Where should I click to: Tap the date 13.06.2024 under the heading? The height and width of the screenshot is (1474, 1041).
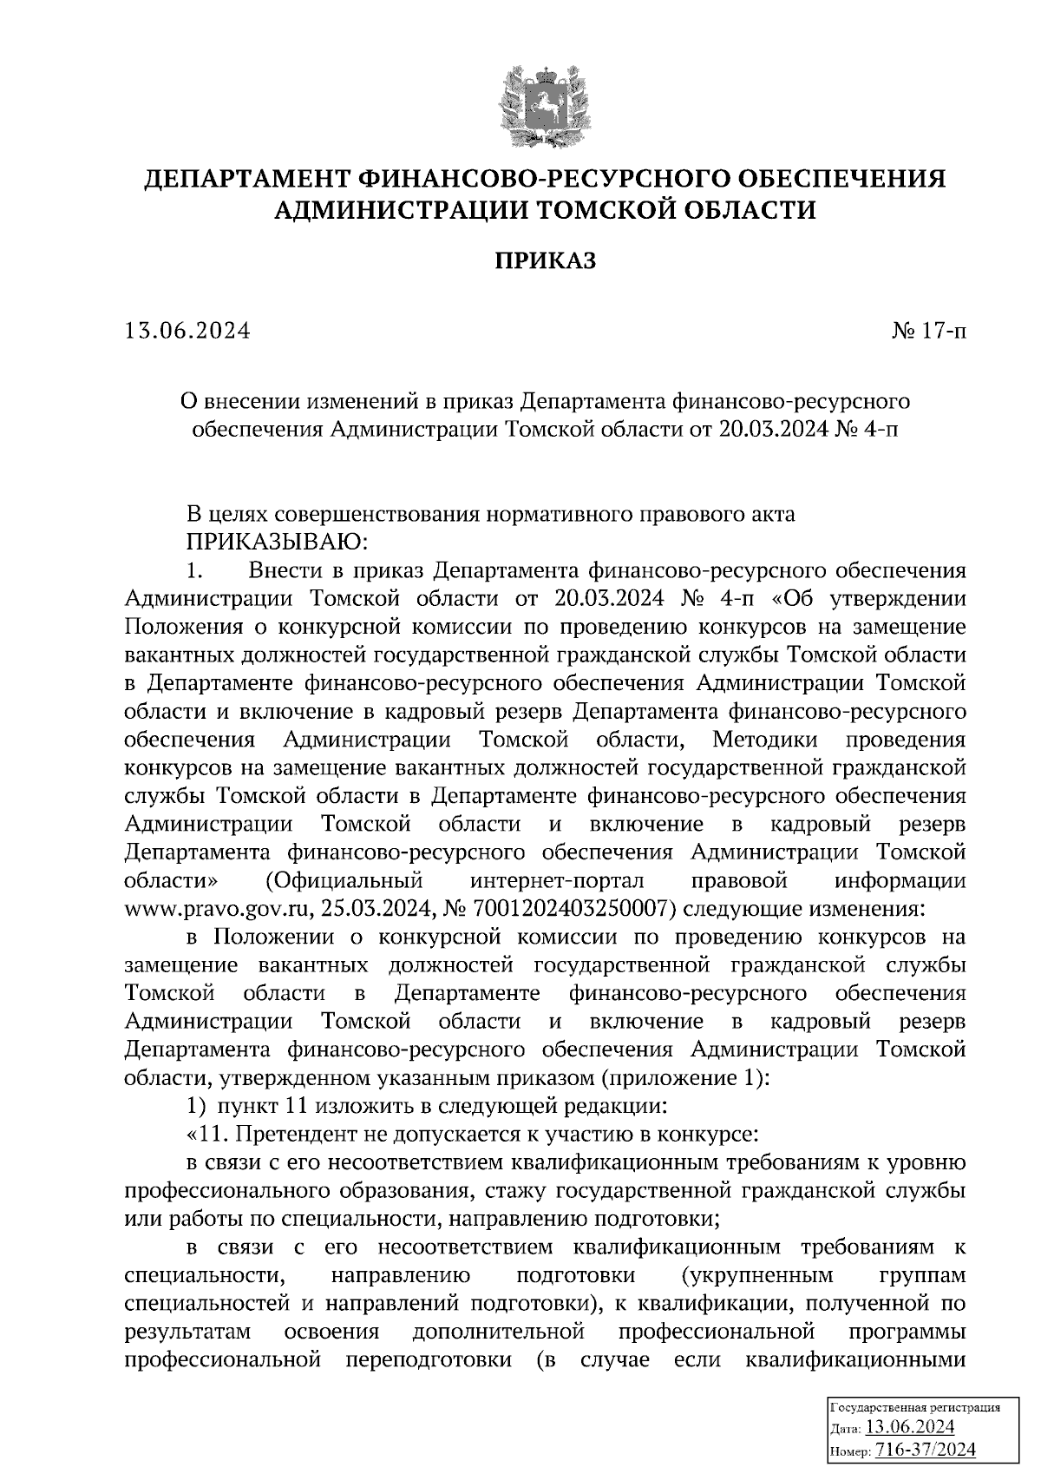187,331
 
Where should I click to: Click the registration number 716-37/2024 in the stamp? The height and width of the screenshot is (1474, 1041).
926,1450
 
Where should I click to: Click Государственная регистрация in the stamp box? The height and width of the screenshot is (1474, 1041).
916,1406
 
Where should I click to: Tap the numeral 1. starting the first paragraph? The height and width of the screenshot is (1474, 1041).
195,570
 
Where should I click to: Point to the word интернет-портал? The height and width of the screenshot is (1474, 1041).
557,880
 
